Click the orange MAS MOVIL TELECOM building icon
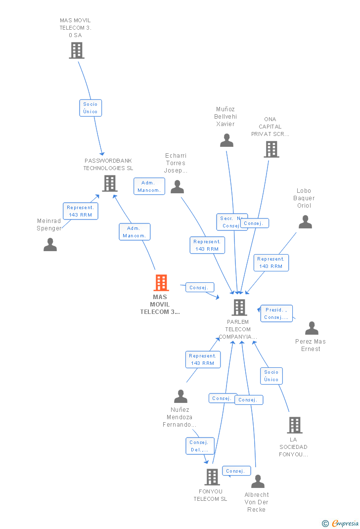(x=161, y=283)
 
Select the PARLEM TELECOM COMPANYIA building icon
(x=239, y=308)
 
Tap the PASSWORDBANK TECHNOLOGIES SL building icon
(x=109, y=183)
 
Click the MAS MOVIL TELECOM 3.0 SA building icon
(x=76, y=50)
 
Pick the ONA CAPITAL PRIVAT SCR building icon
(x=271, y=149)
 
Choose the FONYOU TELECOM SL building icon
(x=212, y=477)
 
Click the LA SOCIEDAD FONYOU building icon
(x=294, y=425)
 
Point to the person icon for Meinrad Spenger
(x=50, y=245)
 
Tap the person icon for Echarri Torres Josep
(x=177, y=187)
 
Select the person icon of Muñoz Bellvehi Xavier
(x=226, y=140)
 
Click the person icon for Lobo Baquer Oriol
(x=305, y=222)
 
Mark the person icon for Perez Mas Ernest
(x=312, y=328)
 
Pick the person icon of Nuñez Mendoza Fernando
(x=181, y=397)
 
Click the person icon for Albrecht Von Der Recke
(x=258, y=482)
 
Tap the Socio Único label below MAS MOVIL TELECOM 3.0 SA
(x=90, y=108)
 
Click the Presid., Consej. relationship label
(x=276, y=313)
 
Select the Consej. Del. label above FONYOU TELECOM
(x=200, y=446)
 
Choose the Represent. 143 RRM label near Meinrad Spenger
(x=80, y=211)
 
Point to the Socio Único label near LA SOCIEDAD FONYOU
(x=271, y=376)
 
